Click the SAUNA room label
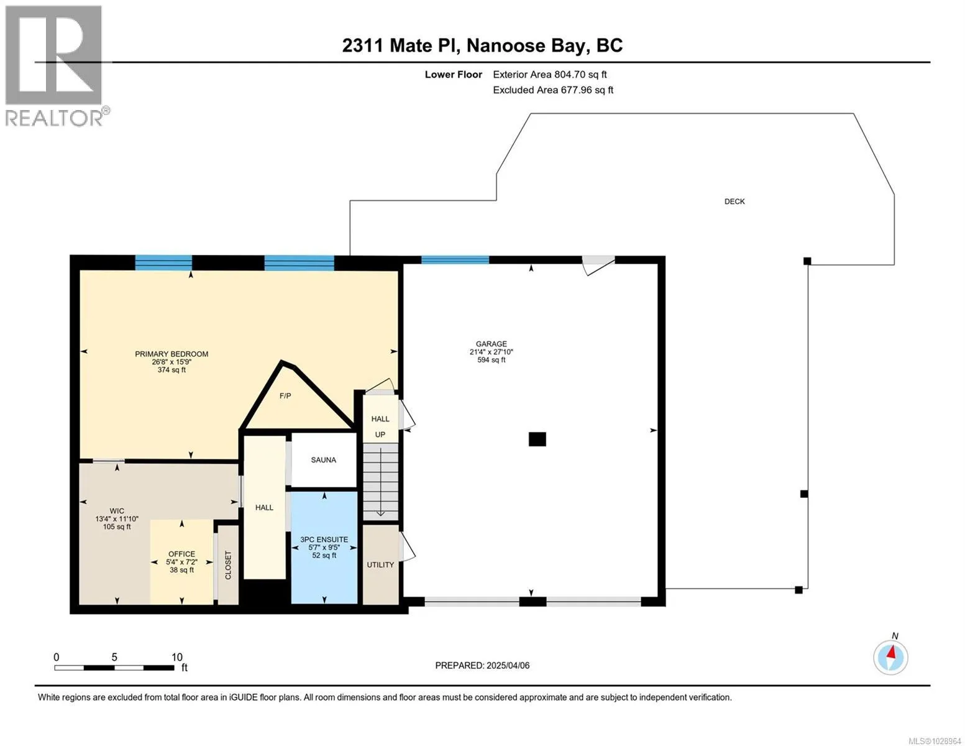(x=323, y=460)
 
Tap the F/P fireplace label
(x=285, y=395)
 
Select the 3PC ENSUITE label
(x=324, y=540)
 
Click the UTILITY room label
(x=380, y=564)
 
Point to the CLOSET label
(x=228, y=565)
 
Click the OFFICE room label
(x=181, y=554)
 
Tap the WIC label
(x=117, y=511)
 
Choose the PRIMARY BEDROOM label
(x=172, y=354)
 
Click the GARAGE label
(x=491, y=344)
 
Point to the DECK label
(x=734, y=201)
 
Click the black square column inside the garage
(x=537, y=439)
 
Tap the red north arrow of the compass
(x=891, y=653)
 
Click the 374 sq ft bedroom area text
(x=172, y=370)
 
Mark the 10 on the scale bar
(x=176, y=657)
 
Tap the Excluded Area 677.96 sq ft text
(x=553, y=90)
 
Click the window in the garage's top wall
(x=455, y=260)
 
